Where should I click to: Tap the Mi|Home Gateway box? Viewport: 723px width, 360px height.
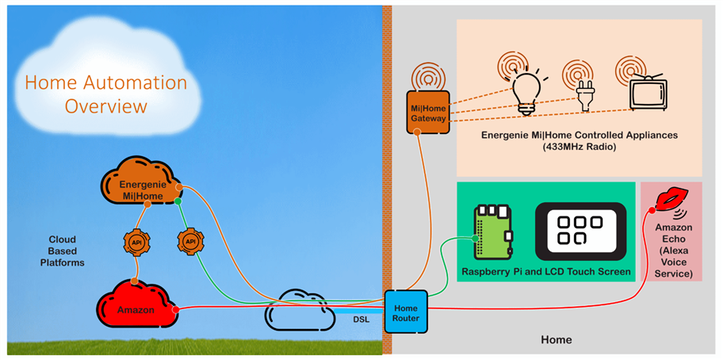[x=428, y=112]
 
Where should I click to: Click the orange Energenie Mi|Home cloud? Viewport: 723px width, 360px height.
[x=140, y=185]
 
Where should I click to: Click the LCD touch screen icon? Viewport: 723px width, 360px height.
[x=580, y=232]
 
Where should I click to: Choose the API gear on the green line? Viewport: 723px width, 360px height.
[x=190, y=241]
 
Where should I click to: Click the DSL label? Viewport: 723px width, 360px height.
[x=361, y=321]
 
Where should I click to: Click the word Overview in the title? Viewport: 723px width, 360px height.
[x=106, y=106]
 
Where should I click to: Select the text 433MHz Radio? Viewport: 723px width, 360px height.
[x=579, y=147]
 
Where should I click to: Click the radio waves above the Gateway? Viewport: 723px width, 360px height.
[x=428, y=76]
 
